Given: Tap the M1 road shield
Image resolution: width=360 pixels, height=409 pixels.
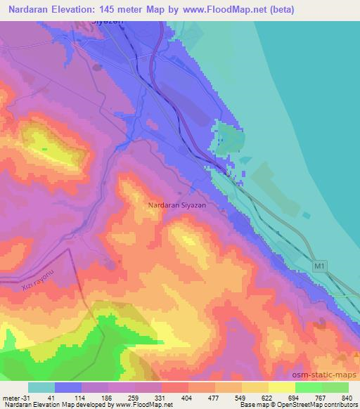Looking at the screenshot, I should (320, 266).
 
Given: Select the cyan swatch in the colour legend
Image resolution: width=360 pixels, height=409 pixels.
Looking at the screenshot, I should (41, 387).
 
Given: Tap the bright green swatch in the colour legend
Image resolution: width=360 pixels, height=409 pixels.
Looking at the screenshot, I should (308, 387).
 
